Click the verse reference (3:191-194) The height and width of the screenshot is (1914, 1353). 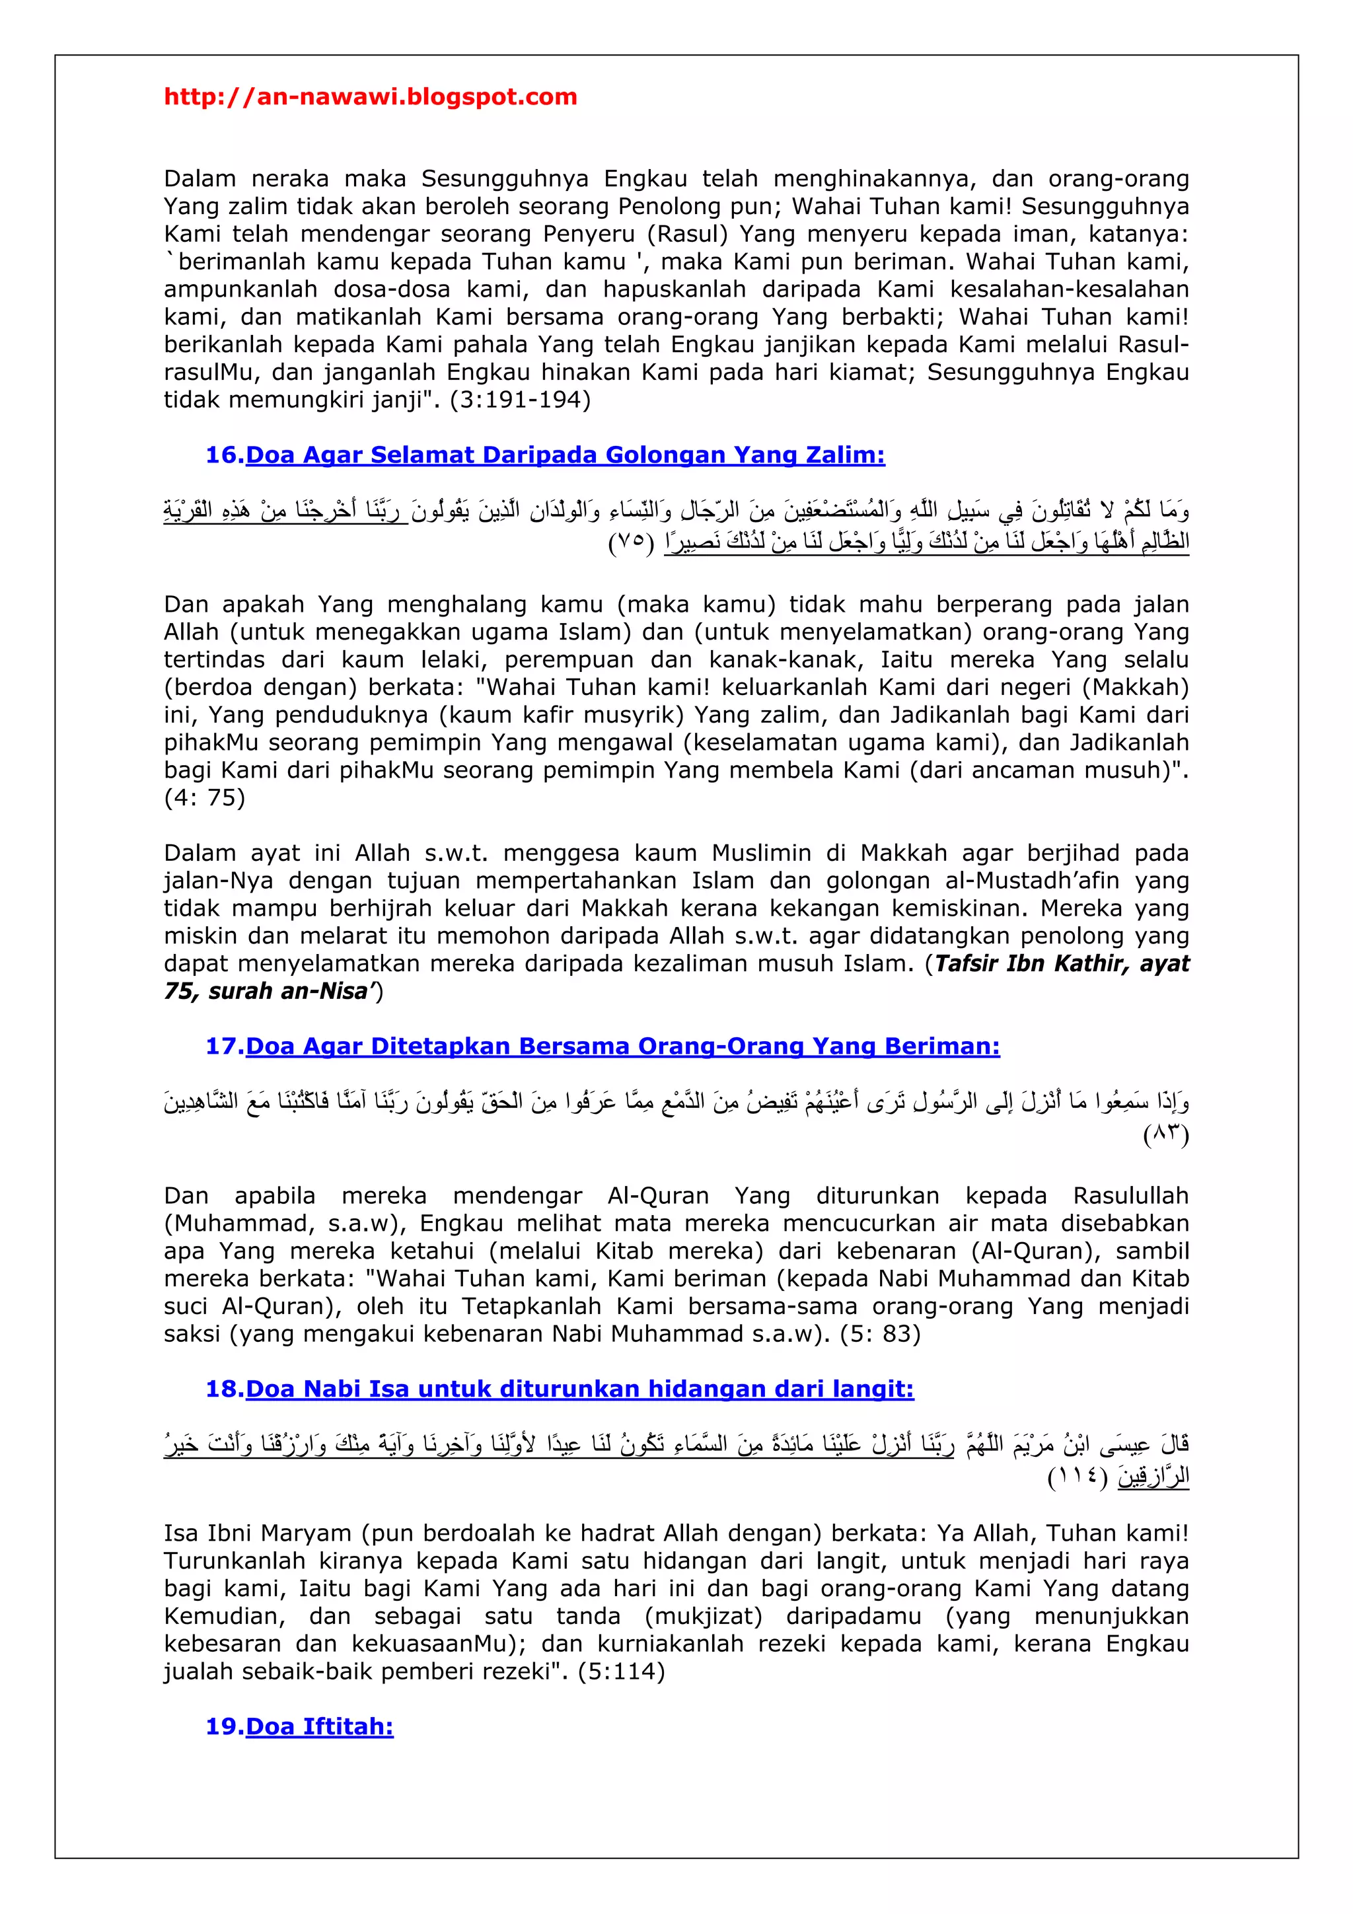(x=520, y=400)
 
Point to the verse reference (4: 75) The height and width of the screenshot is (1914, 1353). (x=204, y=798)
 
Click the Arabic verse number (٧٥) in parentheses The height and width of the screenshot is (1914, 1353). (x=631, y=542)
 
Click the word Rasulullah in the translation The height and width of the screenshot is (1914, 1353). (x=1130, y=1196)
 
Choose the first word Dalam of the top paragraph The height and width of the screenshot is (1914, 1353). (x=200, y=179)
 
